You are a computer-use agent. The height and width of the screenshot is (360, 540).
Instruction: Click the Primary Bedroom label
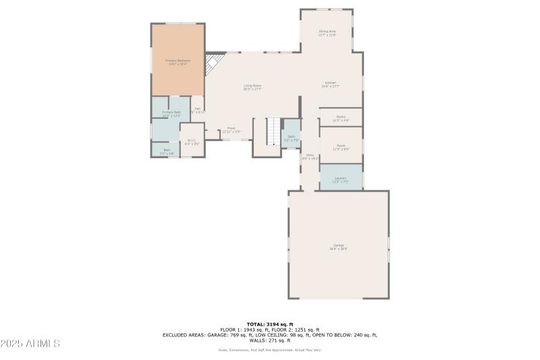[178, 61]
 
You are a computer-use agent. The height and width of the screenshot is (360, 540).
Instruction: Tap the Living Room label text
[252, 86]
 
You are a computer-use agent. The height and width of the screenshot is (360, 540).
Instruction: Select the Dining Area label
[327, 32]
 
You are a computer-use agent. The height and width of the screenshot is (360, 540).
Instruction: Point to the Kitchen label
[330, 84]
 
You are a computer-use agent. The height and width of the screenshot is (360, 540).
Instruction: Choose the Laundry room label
[340, 179]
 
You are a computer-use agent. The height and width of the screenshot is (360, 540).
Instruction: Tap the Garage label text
[338, 246]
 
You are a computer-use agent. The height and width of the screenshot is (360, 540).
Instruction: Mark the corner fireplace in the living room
[215, 63]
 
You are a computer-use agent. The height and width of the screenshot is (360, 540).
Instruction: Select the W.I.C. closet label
[192, 141]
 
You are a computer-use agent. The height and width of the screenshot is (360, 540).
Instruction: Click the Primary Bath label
[171, 113]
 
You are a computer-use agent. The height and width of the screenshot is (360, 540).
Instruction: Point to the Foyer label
[231, 130]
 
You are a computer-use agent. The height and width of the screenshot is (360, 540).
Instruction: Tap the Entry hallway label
[310, 156]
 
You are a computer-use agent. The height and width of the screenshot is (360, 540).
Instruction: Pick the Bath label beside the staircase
[292, 137]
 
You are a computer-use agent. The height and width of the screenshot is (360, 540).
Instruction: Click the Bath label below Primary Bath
[166, 151]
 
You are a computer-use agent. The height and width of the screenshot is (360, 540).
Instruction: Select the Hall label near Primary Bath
[197, 110]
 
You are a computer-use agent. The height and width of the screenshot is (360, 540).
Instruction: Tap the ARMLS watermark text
[31, 344]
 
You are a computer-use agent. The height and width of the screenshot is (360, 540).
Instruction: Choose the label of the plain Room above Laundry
[341, 147]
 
